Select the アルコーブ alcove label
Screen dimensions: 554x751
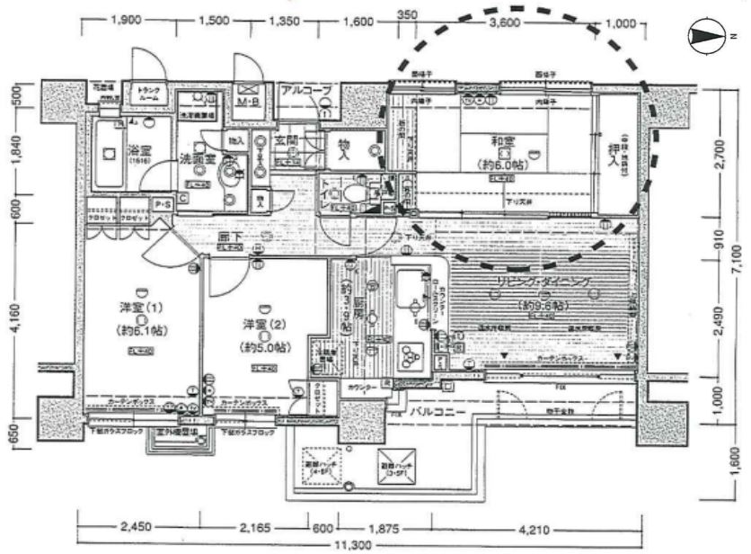[x=306, y=91]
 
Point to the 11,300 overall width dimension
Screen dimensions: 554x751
[x=358, y=545]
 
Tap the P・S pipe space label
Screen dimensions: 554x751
[x=163, y=205]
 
